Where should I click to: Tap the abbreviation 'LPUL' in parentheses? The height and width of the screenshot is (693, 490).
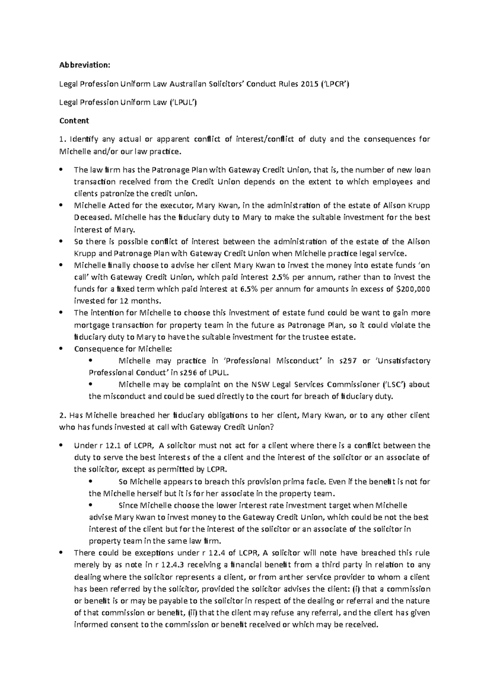183,102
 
